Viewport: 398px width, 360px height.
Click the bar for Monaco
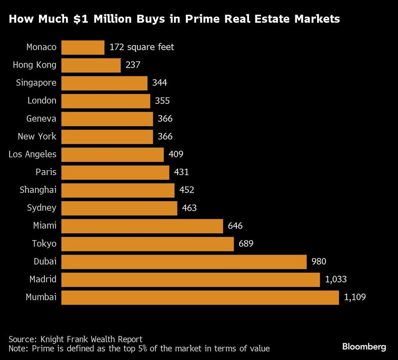pos(83,47)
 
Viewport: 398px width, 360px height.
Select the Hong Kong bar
pos(91,65)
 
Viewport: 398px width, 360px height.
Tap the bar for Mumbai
pos(200,297)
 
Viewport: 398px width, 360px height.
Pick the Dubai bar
pos(184,262)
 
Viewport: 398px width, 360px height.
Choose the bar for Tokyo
pos(148,244)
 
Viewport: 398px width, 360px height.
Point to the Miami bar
pos(142,226)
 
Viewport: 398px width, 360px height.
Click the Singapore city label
pos(36,83)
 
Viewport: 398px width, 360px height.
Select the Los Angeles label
pos(33,154)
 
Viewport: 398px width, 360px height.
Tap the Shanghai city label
pos(38,190)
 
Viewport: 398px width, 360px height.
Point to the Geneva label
pos(41,119)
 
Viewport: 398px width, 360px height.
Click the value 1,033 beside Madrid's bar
pos(336,279)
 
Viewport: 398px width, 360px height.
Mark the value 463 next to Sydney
pos(189,208)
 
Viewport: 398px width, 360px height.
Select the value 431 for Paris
pos(181,172)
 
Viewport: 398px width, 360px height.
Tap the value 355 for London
pos(162,101)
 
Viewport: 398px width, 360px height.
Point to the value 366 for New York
pos(165,136)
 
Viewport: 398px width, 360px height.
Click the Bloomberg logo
pos(364,347)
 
